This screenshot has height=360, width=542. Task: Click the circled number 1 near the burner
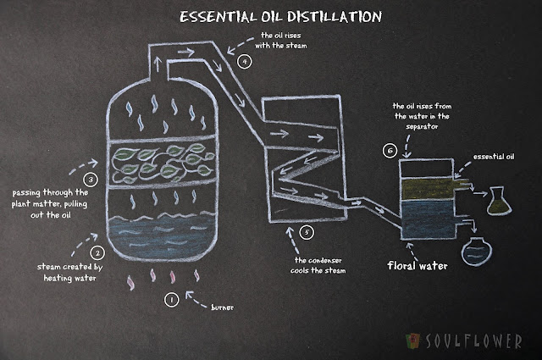tap(171, 300)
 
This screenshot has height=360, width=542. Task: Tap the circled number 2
tap(97, 252)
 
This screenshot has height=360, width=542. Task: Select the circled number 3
tap(91, 180)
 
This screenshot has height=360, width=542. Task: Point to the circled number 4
tap(245, 62)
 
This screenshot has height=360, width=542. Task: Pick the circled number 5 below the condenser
tap(307, 232)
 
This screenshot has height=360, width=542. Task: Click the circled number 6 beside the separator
tap(390, 151)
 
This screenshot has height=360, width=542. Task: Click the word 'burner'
tap(222, 307)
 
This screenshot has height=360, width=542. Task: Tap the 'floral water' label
tap(418, 266)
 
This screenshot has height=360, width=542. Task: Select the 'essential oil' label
tap(494, 157)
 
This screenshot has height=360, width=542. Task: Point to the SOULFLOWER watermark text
tap(473, 341)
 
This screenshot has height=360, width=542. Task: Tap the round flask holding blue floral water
tap(476, 252)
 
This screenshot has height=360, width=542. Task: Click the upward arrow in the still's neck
tap(158, 64)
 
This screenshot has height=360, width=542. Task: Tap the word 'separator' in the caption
tap(422, 126)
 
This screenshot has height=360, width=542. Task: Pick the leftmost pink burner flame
tap(130, 283)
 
